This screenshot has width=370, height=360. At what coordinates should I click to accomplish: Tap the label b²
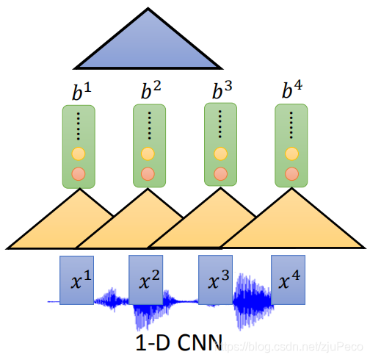[x=150, y=93]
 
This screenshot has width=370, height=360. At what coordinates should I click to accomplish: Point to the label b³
[x=221, y=93]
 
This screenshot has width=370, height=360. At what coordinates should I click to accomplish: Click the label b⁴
[x=292, y=93]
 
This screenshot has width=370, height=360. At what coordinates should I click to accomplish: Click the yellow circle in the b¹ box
[x=78, y=155]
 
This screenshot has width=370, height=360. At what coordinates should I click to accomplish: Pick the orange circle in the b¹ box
[x=78, y=175]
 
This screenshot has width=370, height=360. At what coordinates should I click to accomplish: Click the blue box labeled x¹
[x=76, y=280]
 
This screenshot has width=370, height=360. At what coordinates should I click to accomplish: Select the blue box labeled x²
[x=145, y=280]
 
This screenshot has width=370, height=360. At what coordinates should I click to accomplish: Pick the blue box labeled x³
[x=215, y=280]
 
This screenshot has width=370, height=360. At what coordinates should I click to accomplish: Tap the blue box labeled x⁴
[x=288, y=280]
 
